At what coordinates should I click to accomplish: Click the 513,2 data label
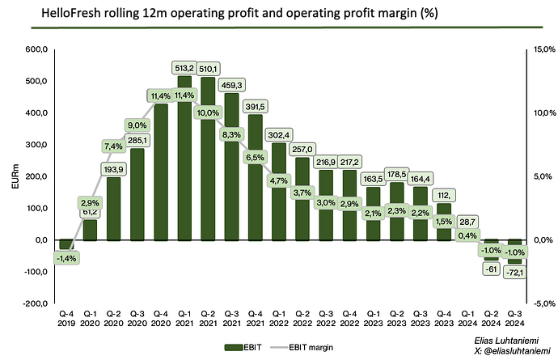pos(184,68)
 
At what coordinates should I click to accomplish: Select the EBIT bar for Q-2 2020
pos(113,209)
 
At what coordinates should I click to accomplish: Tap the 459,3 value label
pos(231,84)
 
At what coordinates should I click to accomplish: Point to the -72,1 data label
pos(514,273)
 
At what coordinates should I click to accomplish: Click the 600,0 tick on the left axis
pos(36,49)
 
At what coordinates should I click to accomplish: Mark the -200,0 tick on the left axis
pos(34,303)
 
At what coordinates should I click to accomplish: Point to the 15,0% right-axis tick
pos(540,49)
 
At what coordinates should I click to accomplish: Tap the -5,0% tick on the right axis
pos(540,303)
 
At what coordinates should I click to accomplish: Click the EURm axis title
pos(15,176)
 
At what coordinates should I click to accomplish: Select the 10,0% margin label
pos(208,112)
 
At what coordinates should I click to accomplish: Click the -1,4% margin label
pos(67,258)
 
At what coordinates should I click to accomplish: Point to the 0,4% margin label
pos(467,235)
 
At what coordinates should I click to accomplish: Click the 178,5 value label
pos(396,176)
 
